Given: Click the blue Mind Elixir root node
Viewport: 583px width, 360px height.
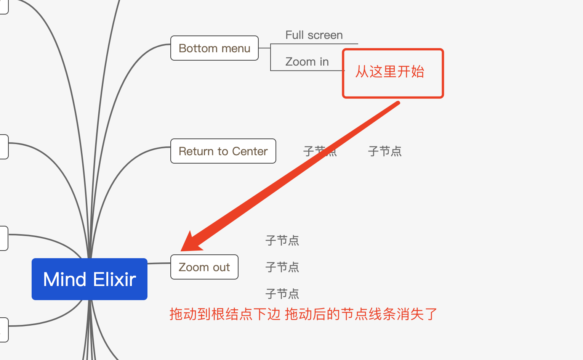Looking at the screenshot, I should click(89, 279).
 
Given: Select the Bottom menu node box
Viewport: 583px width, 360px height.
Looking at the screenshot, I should click(214, 48).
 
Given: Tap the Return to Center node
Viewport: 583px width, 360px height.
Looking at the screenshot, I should click(223, 151).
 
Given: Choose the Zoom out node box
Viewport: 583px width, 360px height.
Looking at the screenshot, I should click(204, 267).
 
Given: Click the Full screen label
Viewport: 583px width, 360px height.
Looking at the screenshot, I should click(314, 35).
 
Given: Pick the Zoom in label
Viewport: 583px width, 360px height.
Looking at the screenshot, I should click(307, 62).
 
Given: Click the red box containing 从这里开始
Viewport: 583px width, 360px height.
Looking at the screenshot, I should click(393, 73).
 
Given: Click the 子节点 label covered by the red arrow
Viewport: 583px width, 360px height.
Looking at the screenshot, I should click(320, 151).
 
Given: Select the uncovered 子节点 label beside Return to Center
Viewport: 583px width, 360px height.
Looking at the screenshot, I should click(384, 151).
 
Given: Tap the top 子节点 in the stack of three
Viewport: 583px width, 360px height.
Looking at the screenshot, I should click(282, 241).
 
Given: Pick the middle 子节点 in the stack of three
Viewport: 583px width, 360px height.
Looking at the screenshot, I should click(282, 267).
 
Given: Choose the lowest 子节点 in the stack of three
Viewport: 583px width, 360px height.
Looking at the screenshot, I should click(282, 294).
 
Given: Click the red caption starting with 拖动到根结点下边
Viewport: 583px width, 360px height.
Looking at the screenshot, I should click(303, 314).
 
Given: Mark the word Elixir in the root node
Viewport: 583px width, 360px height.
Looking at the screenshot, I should click(114, 280).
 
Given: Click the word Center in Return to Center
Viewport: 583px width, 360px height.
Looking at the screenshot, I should click(250, 151).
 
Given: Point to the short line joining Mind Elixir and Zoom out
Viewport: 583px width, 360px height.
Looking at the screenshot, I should click(159, 263).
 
